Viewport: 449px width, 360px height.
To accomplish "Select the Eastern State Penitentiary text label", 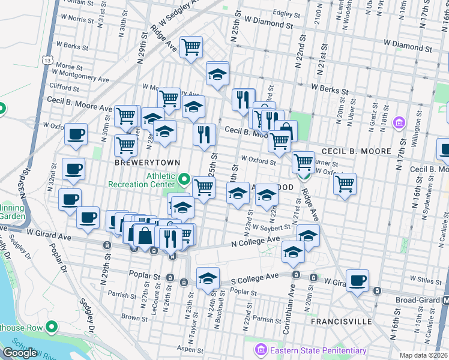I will [x=318, y=350].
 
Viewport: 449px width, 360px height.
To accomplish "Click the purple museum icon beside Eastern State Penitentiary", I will [x=261, y=349].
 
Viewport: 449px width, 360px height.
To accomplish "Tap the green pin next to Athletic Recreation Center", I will [x=184, y=179].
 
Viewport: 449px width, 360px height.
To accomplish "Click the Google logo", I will [x=19, y=352].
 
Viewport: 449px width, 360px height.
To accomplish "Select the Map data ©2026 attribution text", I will [x=423, y=355].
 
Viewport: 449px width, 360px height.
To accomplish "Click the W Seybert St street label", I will [x=271, y=227].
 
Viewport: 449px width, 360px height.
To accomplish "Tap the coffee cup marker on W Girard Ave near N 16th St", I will [x=357, y=280].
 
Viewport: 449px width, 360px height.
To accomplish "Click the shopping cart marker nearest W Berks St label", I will [x=191, y=47].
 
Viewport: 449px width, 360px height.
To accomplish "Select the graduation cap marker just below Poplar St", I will [x=208, y=278].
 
